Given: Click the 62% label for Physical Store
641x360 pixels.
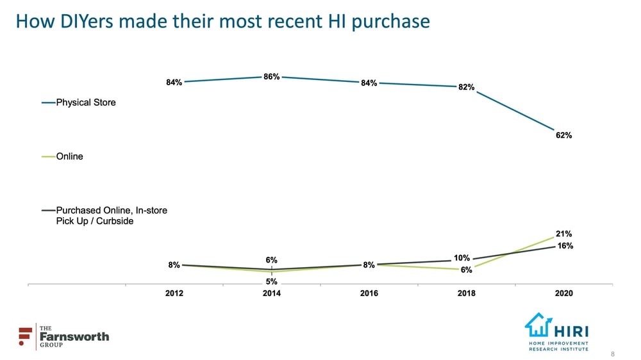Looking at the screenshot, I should (x=564, y=136).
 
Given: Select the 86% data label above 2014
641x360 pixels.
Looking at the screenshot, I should (x=271, y=77).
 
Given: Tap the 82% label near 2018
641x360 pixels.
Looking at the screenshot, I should (x=466, y=87).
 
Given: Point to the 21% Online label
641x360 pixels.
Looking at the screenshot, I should (x=564, y=234).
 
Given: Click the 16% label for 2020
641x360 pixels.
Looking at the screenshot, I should (x=564, y=246).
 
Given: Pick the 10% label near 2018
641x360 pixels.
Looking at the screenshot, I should (x=462, y=258).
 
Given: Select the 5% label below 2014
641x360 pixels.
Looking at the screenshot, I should (x=271, y=281).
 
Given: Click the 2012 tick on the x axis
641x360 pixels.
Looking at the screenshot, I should (x=174, y=293).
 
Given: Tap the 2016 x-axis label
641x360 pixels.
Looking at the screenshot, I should (x=369, y=293).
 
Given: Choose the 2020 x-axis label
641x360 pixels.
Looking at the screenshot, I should (x=564, y=293).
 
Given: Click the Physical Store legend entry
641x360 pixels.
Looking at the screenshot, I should (x=85, y=102).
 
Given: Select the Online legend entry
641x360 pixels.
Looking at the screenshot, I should (x=69, y=156).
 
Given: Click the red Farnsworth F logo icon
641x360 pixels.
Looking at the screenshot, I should (x=26, y=336).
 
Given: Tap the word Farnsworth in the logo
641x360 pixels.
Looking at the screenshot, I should (x=74, y=336).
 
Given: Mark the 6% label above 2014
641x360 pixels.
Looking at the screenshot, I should (x=271, y=260).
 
